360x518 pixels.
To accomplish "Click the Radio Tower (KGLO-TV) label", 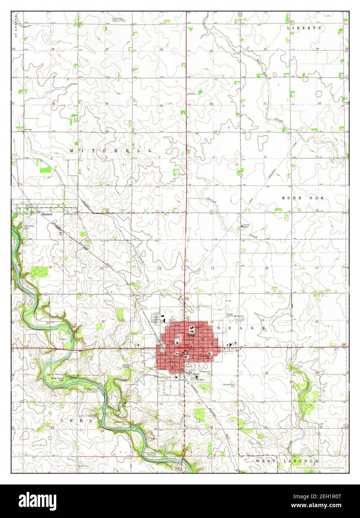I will click(120, 19).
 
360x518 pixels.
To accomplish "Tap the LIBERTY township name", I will click(304, 28).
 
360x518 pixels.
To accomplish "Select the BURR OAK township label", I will click(303, 198).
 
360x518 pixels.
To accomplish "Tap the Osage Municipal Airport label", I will click(236, 315).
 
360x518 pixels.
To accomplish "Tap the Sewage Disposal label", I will click(127, 366).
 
